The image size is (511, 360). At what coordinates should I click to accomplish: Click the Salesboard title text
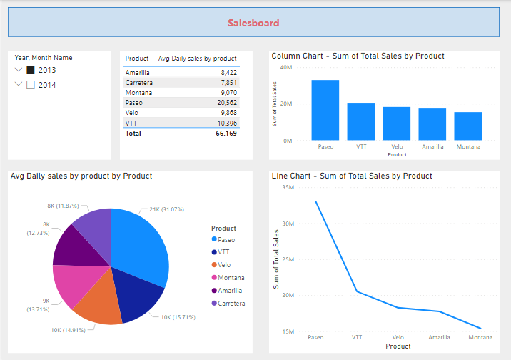coord(253,23)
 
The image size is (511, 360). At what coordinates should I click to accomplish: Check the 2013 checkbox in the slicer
coord(31,70)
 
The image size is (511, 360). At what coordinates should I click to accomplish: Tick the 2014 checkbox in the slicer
coord(31,85)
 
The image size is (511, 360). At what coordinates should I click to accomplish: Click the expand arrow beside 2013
coord(18,70)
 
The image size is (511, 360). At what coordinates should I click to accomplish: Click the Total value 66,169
coord(226,134)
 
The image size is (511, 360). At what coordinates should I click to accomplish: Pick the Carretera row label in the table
coord(138,83)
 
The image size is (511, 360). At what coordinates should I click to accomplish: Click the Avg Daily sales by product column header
coord(196,59)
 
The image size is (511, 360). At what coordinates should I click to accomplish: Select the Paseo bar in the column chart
coord(325,110)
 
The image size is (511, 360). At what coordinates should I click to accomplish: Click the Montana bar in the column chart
coord(467,126)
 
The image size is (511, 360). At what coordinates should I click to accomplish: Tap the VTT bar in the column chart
coord(360,121)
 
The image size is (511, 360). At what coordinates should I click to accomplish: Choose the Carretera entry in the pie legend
coord(232,304)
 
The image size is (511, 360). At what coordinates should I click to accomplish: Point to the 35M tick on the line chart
coord(288,187)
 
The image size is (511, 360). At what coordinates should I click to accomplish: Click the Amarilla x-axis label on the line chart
coord(439,337)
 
